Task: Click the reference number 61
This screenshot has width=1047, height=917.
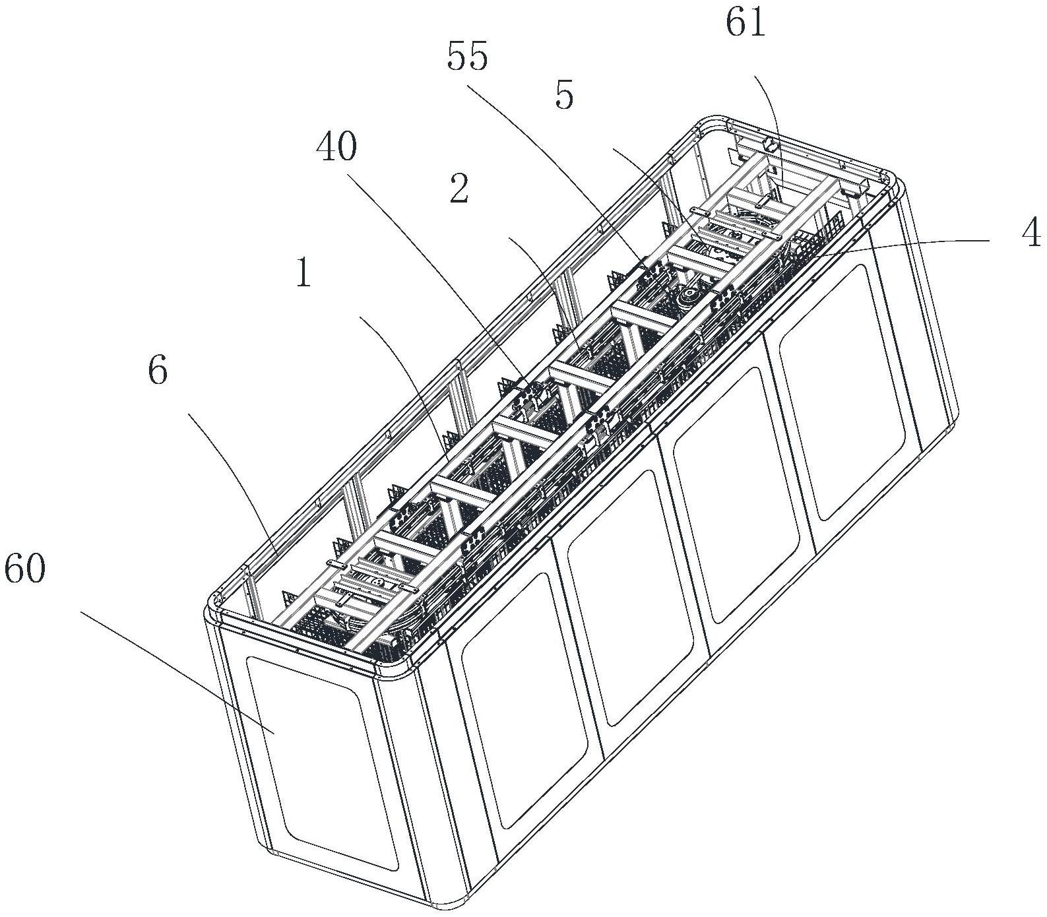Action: pos(746,24)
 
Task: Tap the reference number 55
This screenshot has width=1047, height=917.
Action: pos(467,57)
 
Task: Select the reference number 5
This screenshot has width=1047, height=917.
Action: pos(564,95)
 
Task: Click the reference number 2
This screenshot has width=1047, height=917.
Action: pos(459,189)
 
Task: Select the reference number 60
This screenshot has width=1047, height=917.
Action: pos(24,569)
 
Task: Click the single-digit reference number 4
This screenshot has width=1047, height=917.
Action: pos(1032,233)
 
